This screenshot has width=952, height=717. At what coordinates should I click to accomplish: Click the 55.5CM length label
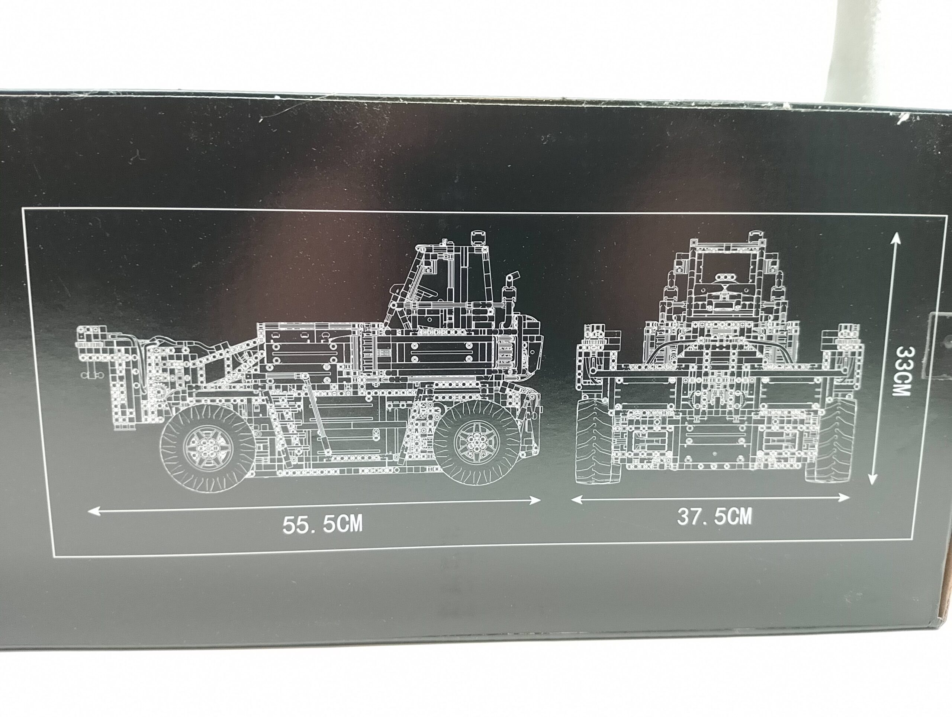click(322, 524)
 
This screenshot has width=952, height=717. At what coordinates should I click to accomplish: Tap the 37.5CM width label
click(714, 517)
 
